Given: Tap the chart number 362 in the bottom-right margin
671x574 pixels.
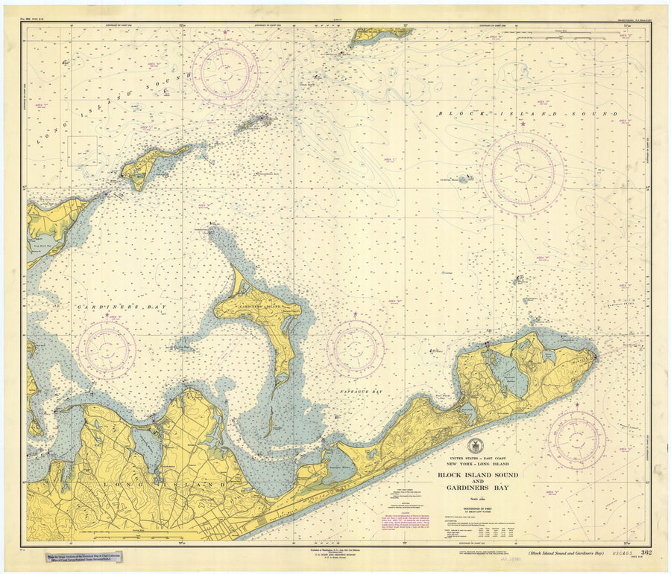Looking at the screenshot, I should [x=646, y=552].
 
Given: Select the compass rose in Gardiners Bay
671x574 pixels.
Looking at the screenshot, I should [x=107, y=349].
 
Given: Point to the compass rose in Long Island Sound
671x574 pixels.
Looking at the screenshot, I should [x=224, y=73].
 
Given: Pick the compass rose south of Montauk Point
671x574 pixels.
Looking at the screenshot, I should [x=576, y=440].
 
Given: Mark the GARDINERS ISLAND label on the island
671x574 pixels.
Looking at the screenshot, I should [x=257, y=308].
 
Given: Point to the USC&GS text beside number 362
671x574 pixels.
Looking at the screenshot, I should [x=618, y=552].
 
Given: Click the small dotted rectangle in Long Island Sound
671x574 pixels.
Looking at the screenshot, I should [x=83, y=150].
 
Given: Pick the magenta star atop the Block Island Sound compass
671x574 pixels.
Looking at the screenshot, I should [x=522, y=124].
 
